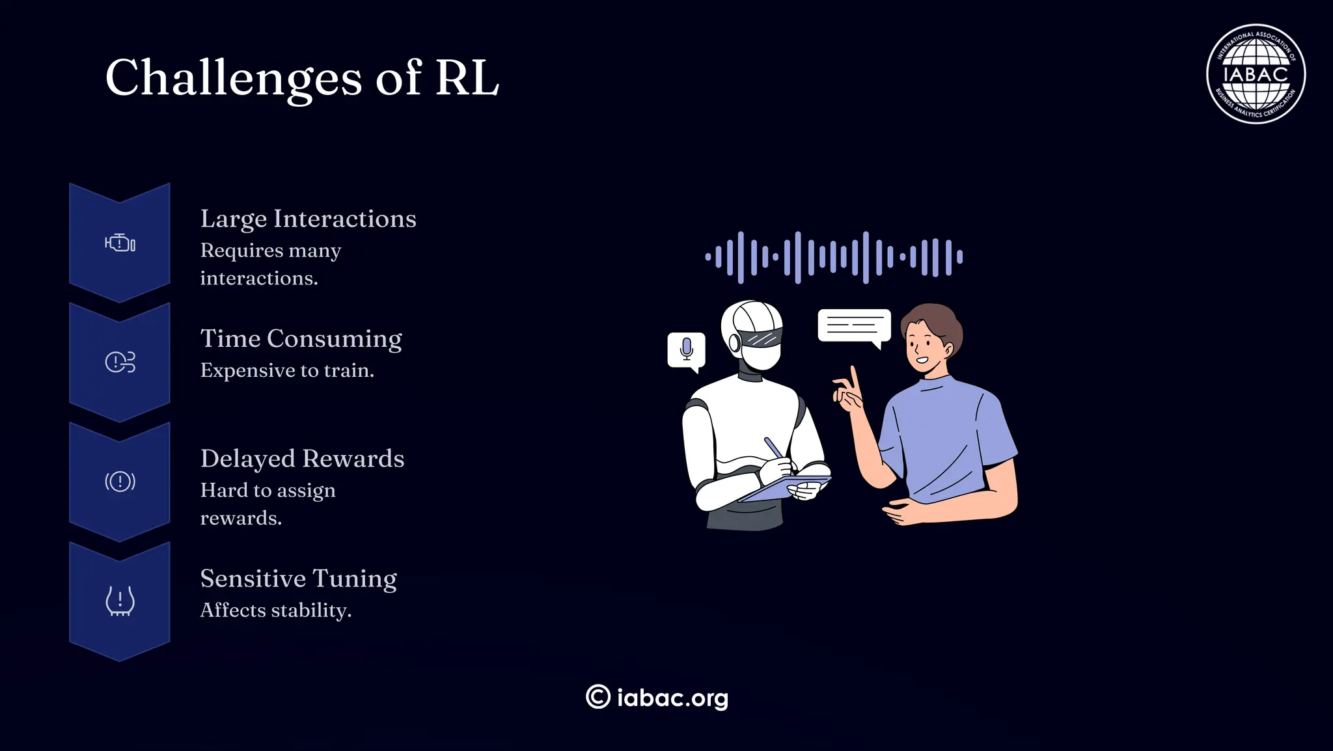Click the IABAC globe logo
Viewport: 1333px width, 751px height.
[1256, 74]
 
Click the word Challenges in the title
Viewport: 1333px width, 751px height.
[233, 78]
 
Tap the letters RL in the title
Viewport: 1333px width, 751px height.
[467, 78]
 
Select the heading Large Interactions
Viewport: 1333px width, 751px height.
[308, 219]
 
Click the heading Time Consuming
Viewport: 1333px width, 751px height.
[301, 338]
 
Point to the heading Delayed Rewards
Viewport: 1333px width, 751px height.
[302, 459]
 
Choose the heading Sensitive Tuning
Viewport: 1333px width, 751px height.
[298, 579]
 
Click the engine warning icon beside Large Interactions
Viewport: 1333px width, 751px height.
[120, 243]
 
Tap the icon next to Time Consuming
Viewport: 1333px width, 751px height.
[120, 362]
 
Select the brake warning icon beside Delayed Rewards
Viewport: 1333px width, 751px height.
[120, 482]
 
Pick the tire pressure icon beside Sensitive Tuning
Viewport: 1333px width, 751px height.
[120, 601]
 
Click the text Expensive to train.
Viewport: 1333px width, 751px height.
[287, 370]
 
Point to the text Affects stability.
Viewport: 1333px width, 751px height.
[275, 610]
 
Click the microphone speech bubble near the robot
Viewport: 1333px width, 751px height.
[686, 350]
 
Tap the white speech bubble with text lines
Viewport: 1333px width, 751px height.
[854, 325]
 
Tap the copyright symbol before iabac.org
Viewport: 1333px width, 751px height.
[598, 697]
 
